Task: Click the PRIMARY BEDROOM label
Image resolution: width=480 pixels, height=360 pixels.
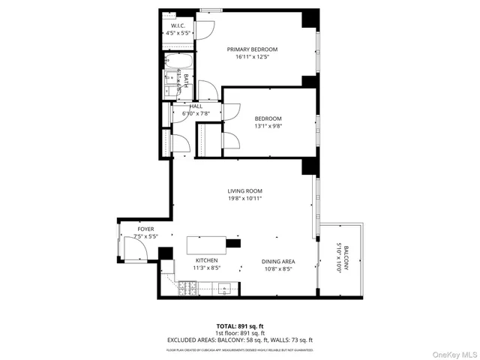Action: (253, 49)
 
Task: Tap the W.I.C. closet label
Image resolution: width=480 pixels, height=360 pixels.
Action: (178, 26)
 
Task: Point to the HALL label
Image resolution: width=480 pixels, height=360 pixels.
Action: (196, 106)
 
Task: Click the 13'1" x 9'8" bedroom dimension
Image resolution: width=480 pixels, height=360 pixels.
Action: (268, 126)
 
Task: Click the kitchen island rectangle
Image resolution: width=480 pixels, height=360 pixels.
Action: (206, 244)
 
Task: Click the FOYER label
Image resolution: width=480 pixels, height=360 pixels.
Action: (145, 229)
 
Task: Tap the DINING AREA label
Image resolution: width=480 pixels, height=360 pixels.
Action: (277, 262)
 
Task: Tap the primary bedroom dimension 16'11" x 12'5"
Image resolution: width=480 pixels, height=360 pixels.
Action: (253, 57)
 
